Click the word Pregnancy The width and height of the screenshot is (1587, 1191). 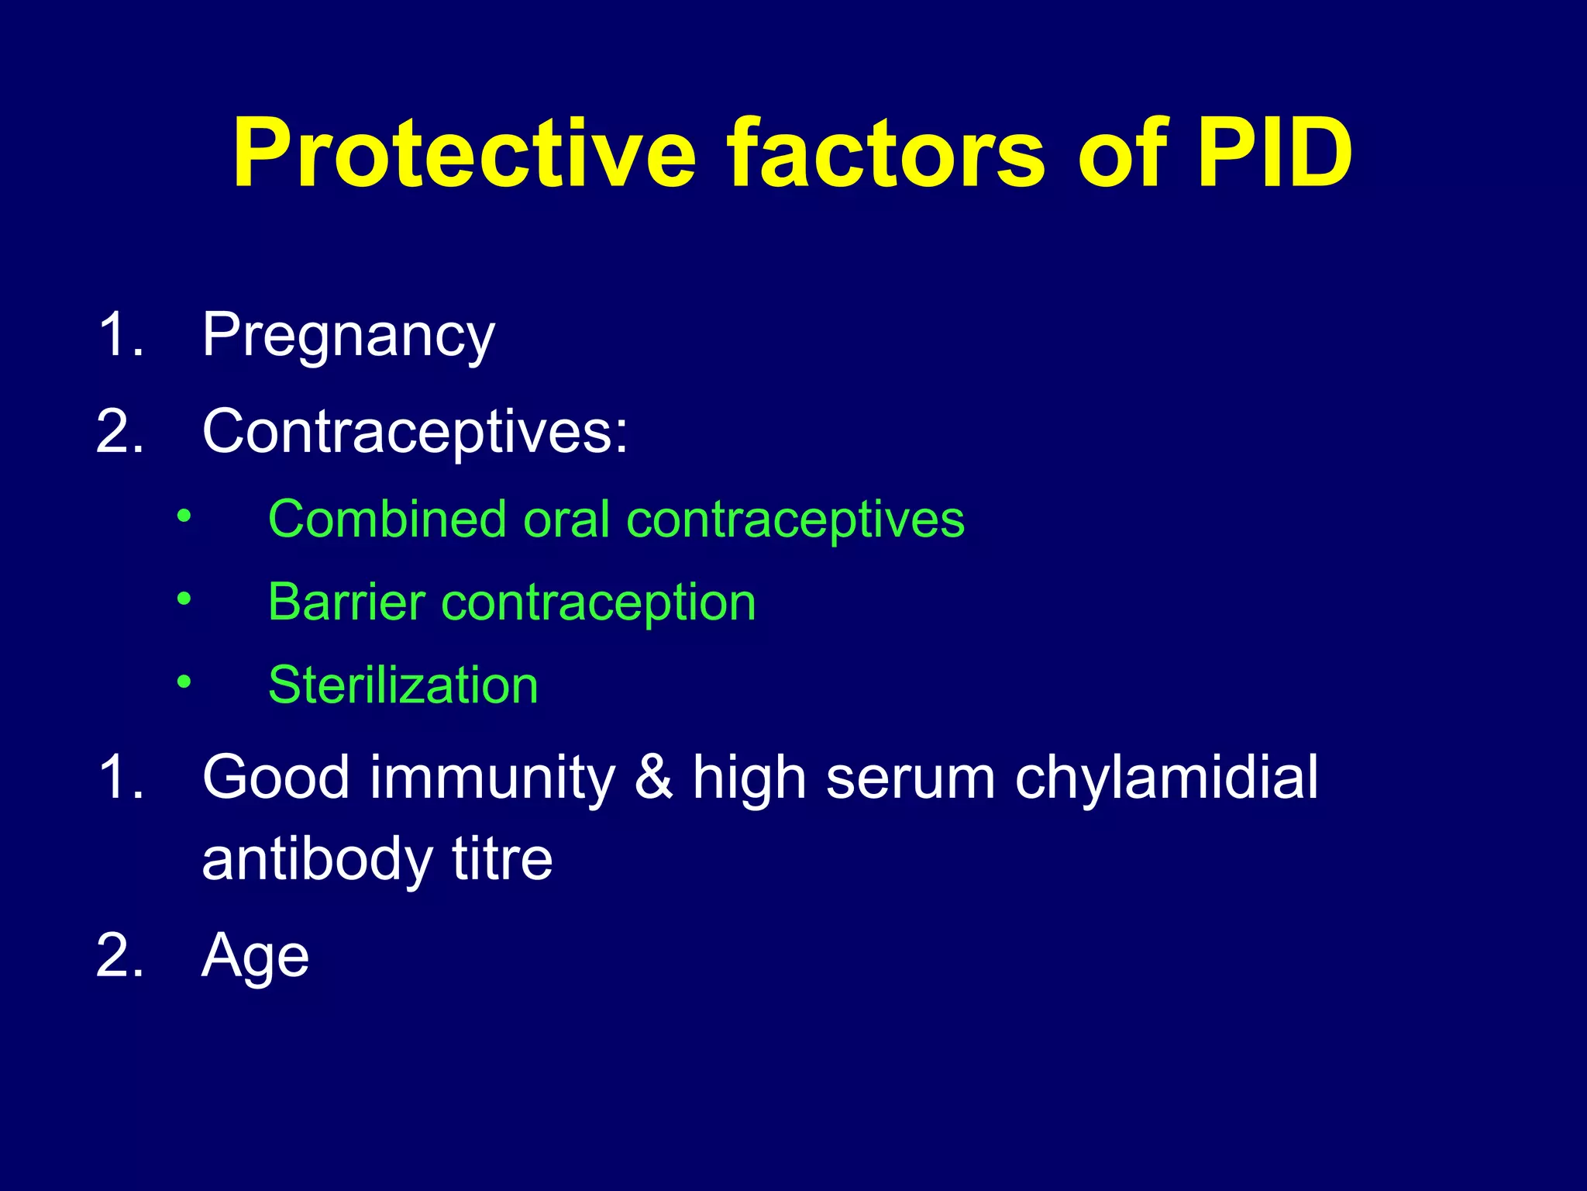348,336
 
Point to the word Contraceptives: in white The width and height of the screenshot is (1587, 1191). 415,432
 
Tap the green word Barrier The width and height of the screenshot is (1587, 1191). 346,602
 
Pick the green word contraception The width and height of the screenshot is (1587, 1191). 597,603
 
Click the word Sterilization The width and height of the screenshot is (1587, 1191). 403,685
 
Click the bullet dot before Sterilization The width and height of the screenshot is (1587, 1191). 183,682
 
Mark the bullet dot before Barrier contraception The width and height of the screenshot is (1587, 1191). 183,598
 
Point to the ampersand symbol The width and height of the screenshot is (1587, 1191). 653,778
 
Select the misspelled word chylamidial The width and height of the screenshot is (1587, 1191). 1166,778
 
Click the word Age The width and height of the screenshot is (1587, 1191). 255,956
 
